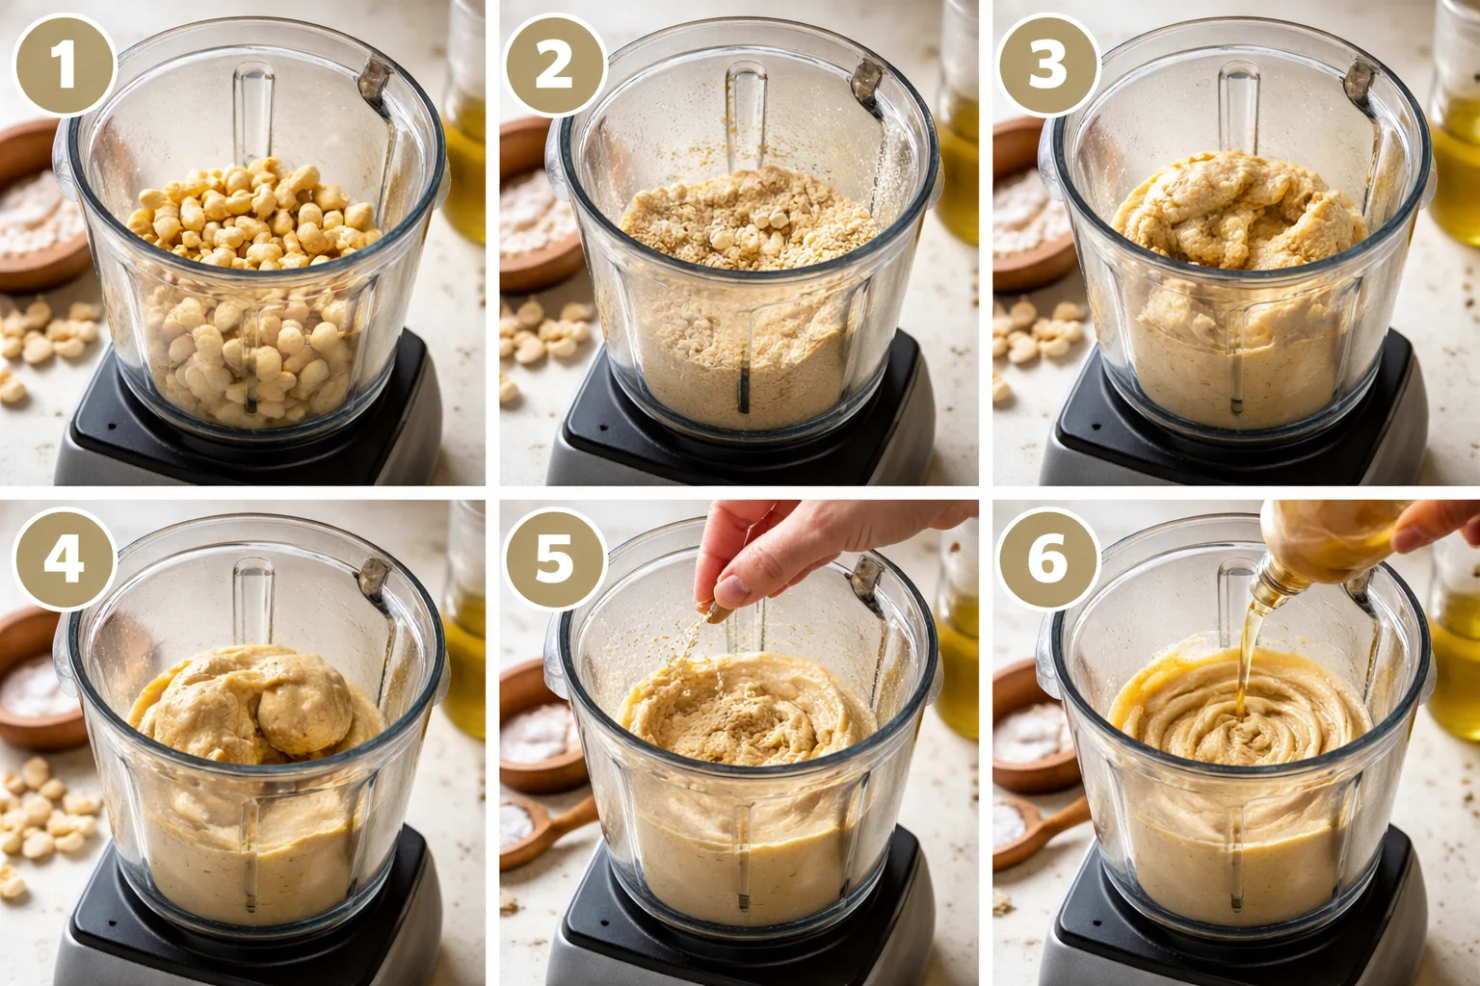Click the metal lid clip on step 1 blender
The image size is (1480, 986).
tap(374, 82)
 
